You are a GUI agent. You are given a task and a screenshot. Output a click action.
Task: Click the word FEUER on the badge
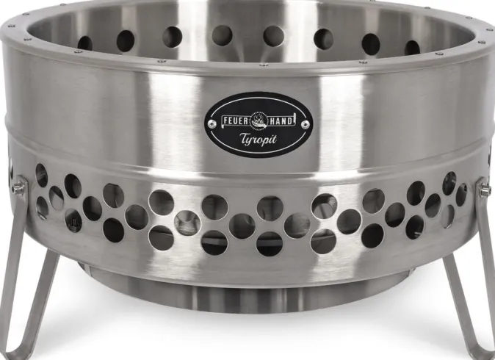click(x=236, y=121)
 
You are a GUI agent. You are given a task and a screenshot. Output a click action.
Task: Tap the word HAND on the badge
click(x=280, y=121)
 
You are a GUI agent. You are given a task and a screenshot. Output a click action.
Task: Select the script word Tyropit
click(x=258, y=140)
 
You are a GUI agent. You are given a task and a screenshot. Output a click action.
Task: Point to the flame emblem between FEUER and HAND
click(x=259, y=120)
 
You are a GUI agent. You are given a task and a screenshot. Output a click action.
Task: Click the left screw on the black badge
click(x=213, y=123)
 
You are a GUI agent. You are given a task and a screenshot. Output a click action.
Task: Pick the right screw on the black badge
click(x=305, y=124)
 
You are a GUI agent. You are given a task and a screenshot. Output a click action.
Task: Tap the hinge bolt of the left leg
click(x=18, y=188)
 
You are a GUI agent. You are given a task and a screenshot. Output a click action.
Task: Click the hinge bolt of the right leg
click(x=485, y=190)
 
